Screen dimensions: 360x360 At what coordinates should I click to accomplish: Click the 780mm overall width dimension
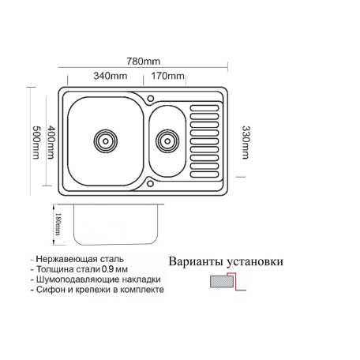coord(144,62)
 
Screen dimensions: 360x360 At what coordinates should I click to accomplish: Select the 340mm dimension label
coord(111,76)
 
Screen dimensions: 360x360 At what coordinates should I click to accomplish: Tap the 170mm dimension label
coord(167,76)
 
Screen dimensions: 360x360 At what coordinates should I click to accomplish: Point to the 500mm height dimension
coord(36,142)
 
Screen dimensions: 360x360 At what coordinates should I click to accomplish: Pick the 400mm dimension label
coord(51,142)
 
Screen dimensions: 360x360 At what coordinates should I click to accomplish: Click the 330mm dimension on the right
coord(246,142)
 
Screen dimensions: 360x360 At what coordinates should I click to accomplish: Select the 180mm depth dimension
coord(58,224)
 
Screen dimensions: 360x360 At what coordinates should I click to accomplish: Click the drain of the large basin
coord(106,141)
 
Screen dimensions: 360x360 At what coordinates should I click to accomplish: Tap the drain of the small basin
coord(167,141)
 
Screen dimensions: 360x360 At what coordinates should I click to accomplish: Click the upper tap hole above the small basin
coord(151,99)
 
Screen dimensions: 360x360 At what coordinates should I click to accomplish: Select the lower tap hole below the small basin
coord(150,183)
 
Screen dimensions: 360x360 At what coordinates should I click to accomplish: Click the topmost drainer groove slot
coord(204,108)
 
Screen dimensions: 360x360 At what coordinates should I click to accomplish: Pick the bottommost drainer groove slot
coord(204,174)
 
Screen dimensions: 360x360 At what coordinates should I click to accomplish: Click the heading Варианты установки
coord(226,261)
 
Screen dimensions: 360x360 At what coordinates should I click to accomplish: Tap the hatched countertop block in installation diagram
coord(222,282)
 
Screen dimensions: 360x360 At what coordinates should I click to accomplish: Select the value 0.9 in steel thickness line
coord(107,269)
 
